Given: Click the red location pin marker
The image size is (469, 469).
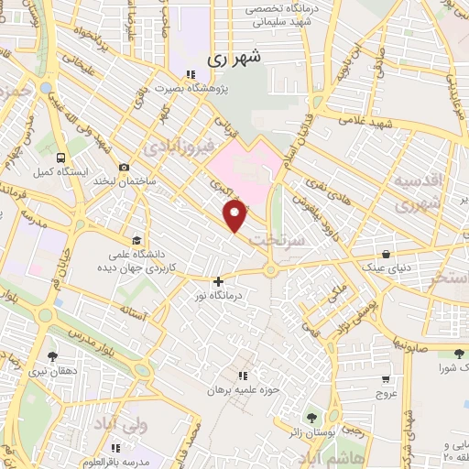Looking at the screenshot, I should click(235, 215).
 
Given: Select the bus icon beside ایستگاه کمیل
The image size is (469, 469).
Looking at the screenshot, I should click(60, 157).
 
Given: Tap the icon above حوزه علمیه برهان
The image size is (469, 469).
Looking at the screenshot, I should click(243, 376).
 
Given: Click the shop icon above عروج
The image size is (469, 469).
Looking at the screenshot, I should click(386, 377).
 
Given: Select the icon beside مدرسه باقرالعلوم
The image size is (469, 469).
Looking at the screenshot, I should click(115, 448).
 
